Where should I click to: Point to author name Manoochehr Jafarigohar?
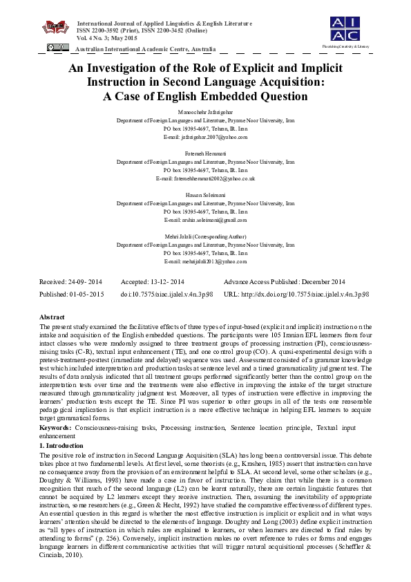[205, 111]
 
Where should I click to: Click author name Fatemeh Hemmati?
[205, 153]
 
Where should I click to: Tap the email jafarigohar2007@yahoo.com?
[205, 138]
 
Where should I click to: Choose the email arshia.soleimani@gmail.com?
[205, 220]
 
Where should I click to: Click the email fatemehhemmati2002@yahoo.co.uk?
[205, 178]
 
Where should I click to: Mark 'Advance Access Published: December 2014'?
[284, 282]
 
